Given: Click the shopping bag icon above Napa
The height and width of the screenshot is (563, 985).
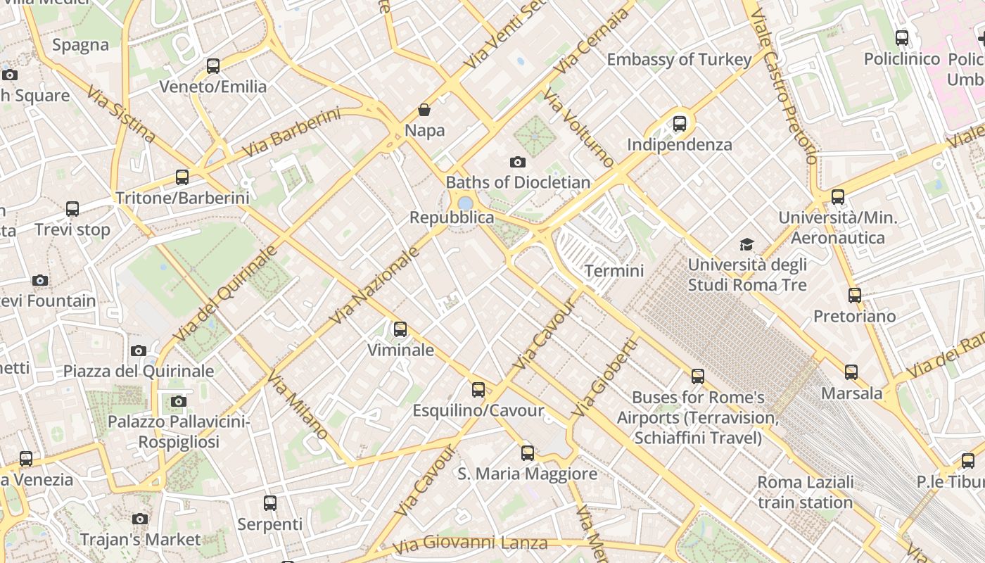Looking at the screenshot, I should tap(424, 110).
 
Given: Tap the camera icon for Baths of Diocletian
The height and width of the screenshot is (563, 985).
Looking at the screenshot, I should tap(518, 163).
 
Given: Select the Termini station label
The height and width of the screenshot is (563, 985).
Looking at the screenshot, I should tap(614, 271).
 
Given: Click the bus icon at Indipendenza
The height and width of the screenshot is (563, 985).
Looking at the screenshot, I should tap(680, 124).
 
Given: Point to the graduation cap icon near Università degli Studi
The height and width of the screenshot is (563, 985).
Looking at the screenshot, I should tap(746, 244).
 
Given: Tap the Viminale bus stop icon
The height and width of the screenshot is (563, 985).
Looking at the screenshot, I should tap(400, 329).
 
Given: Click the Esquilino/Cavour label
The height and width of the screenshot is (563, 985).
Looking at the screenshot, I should tap(478, 410).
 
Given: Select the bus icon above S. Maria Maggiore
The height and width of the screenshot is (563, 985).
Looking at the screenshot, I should tap(528, 453).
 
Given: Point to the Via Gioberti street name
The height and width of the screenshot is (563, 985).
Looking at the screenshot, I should tap(605, 377).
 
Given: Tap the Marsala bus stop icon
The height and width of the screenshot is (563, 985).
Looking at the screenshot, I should tap(851, 372).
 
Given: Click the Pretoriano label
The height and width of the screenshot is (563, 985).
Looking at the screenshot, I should tap(855, 316).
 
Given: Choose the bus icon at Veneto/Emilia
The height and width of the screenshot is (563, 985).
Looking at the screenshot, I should tap(213, 66).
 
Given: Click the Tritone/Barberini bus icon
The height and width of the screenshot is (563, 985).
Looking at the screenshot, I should tap(182, 177).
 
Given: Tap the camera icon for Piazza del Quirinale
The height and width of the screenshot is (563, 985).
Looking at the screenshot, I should tap(139, 350).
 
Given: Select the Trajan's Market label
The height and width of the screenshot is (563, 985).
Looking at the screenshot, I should tap(141, 540).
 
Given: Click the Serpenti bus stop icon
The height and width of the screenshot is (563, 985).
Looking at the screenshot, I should tap(270, 503).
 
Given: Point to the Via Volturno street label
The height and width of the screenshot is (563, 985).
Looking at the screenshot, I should tap(579, 130).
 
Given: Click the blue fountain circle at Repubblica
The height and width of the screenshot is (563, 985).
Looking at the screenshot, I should tap(464, 203).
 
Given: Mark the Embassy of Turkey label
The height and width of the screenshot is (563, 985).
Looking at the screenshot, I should tap(679, 60).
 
